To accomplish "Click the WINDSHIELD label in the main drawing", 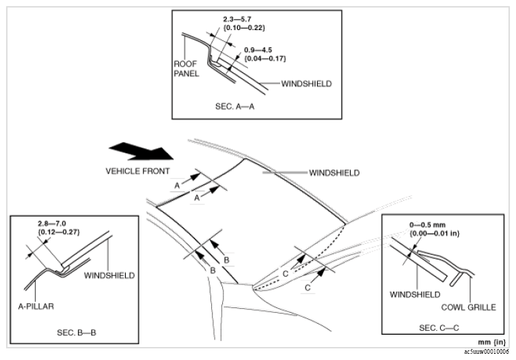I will (x=334, y=174).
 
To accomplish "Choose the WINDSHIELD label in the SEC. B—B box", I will (x=109, y=276).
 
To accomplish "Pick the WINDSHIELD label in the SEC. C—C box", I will (x=413, y=294).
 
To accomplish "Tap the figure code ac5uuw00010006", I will (x=486, y=352).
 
